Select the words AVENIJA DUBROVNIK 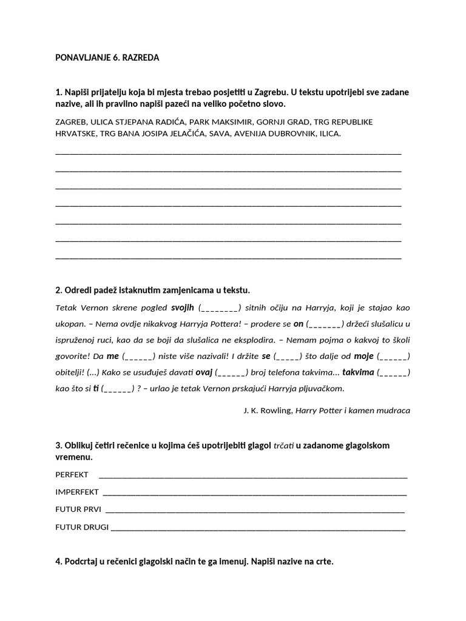(273, 133)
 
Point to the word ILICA (328, 133)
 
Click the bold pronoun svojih (183, 307)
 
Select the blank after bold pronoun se (287, 356)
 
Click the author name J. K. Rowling (268, 411)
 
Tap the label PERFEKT (72, 474)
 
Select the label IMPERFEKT (77, 491)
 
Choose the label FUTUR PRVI (78, 509)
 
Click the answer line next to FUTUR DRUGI (258, 528)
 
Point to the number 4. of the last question (59, 562)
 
